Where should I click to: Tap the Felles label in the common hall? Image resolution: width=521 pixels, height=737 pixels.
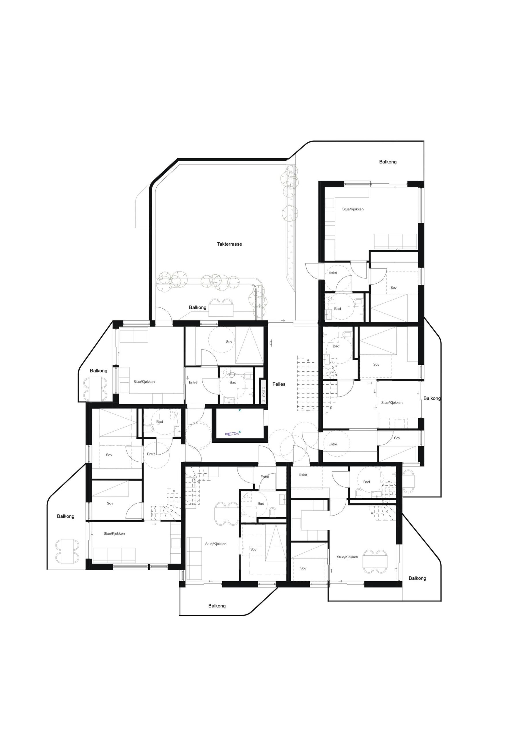pyautogui.click(x=279, y=384)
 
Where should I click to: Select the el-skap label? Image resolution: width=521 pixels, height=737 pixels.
pyautogui.click(x=264, y=394)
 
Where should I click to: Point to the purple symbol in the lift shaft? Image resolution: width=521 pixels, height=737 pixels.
pyautogui.click(x=233, y=434)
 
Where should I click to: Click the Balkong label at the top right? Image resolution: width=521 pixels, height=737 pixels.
pyautogui.click(x=388, y=162)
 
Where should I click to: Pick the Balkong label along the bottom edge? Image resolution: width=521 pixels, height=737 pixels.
pyautogui.click(x=217, y=606)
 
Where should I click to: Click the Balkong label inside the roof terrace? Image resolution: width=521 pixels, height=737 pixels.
pyautogui.click(x=197, y=307)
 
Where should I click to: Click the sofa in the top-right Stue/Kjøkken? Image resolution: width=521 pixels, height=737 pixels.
pyautogui.click(x=395, y=241)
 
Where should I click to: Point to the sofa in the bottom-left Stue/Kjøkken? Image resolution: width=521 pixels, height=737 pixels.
pyautogui.click(x=114, y=555)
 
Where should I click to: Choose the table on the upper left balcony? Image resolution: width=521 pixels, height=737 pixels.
pyautogui.click(x=96, y=389)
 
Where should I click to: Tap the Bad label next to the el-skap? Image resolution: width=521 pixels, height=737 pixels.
pyautogui.click(x=233, y=382)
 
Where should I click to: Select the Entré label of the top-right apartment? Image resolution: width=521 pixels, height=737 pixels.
pyautogui.click(x=333, y=273)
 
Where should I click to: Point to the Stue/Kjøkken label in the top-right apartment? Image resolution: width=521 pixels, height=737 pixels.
pyautogui.click(x=353, y=209)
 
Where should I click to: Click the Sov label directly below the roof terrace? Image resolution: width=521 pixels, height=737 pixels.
pyautogui.click(x=229, y=341)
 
